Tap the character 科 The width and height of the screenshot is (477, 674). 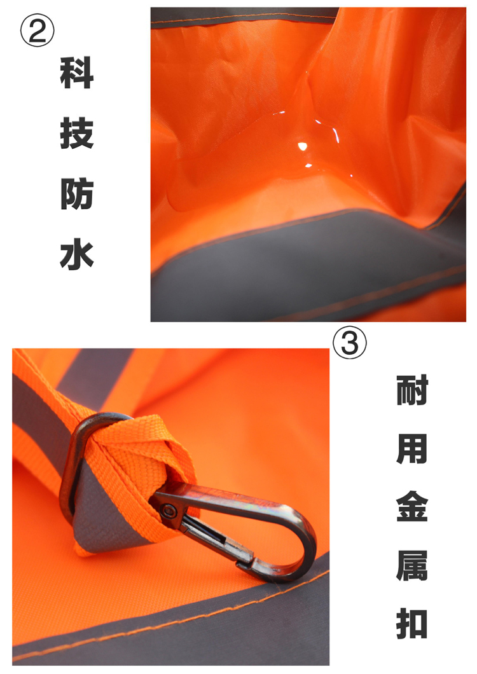76,72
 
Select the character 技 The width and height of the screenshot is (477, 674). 76,134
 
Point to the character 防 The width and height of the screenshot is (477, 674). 76,194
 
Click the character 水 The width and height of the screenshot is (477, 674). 76,254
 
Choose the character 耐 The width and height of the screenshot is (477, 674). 412,390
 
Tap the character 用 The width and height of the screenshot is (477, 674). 412,448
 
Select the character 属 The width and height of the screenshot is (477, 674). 412,565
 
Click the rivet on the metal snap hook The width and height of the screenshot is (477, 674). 167,511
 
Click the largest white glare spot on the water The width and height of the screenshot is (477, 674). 303,147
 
